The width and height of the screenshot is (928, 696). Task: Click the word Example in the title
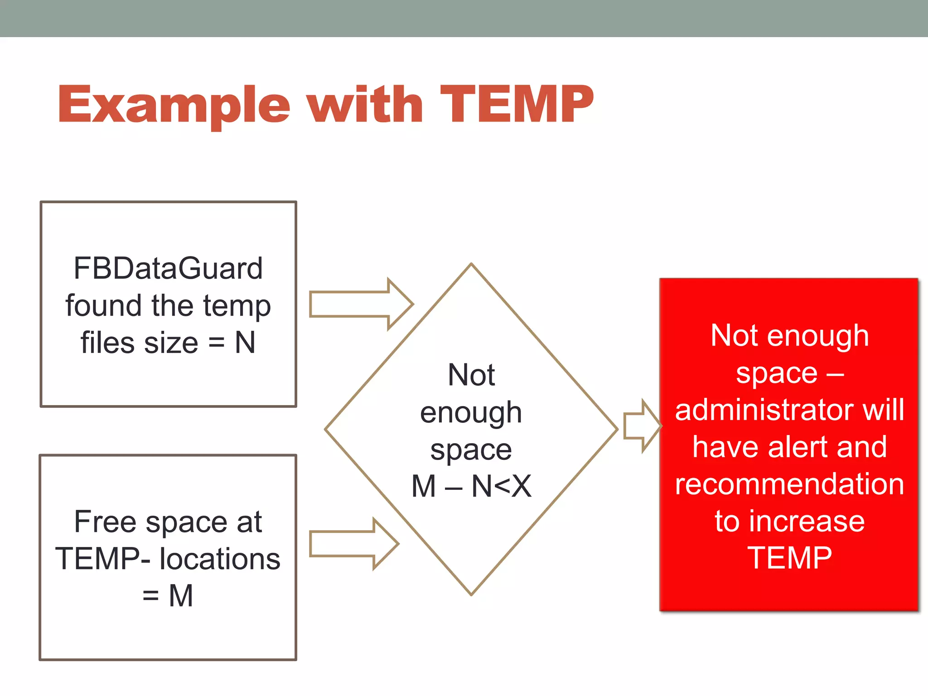174,106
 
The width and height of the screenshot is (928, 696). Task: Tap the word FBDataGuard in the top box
168,268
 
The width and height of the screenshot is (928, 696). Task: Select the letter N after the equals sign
245,343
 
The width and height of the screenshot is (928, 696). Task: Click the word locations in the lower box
220,559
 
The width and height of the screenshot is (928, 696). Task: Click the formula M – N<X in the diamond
471,487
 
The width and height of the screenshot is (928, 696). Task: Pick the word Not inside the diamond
471,375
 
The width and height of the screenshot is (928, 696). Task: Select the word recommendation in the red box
789,484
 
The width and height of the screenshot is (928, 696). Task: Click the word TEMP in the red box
789,558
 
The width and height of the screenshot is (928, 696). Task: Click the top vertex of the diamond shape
471,264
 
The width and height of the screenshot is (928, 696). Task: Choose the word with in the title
365,106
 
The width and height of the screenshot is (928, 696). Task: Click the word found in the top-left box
104,305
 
